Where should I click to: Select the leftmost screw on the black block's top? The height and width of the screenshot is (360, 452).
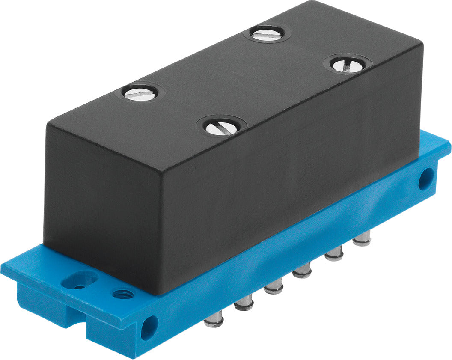[x=140, y=92]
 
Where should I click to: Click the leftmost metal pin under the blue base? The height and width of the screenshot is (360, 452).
[x=213, y=319]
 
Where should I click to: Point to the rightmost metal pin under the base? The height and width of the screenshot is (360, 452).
[x=362, y=238]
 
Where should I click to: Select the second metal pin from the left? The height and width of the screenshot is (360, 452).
[x=244, y=303]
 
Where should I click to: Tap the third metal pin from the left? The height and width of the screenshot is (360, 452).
[x=274, y=286]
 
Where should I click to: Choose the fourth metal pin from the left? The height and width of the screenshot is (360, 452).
[x=303, y=271]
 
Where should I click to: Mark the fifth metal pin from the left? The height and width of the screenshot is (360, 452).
[x=334, y=254]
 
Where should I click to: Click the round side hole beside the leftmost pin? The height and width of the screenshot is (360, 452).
[x=149, y=327]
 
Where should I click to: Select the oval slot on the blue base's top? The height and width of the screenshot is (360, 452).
[x=80, y=281]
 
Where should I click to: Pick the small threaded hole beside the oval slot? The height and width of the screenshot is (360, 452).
[x=122, y=295]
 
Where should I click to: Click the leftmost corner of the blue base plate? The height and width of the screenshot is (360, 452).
[x=3, y=270]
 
